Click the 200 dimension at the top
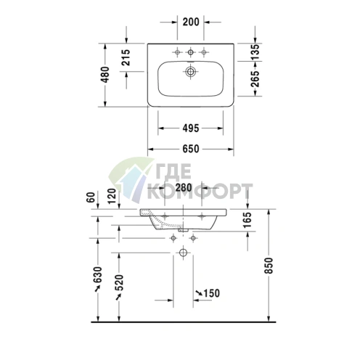(191, 22)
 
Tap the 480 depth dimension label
(105, 75)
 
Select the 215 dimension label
(126, 57)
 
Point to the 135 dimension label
(255, 52)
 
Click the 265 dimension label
(255, 79)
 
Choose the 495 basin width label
(191, 128)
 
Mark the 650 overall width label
(191, 149)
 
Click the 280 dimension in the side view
(184, 187)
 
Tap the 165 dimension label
(247, 220)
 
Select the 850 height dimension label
(269, 266)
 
